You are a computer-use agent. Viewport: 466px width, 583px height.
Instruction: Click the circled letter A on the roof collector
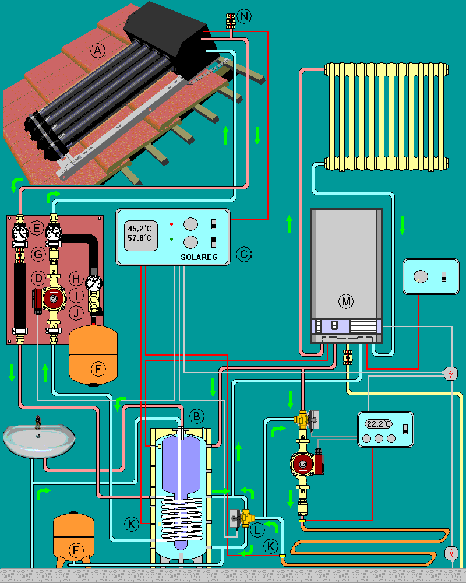[97, 51]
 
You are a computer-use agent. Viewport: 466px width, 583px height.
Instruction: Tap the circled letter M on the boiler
[347, 301]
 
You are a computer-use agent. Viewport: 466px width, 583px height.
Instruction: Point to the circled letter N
[245, 16]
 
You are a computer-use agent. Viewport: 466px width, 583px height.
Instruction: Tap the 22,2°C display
[379, 424]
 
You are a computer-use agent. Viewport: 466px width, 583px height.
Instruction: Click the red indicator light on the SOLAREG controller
[172, 224]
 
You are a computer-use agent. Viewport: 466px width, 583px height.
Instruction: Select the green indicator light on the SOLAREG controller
[172, 240]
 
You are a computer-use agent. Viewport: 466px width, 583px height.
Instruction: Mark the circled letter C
[244, 254]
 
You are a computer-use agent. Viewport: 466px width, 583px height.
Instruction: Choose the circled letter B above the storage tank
[197, 416]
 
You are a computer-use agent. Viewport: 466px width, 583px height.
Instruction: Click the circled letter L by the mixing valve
[257, 530]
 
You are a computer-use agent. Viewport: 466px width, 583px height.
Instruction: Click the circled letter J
[75, 313]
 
